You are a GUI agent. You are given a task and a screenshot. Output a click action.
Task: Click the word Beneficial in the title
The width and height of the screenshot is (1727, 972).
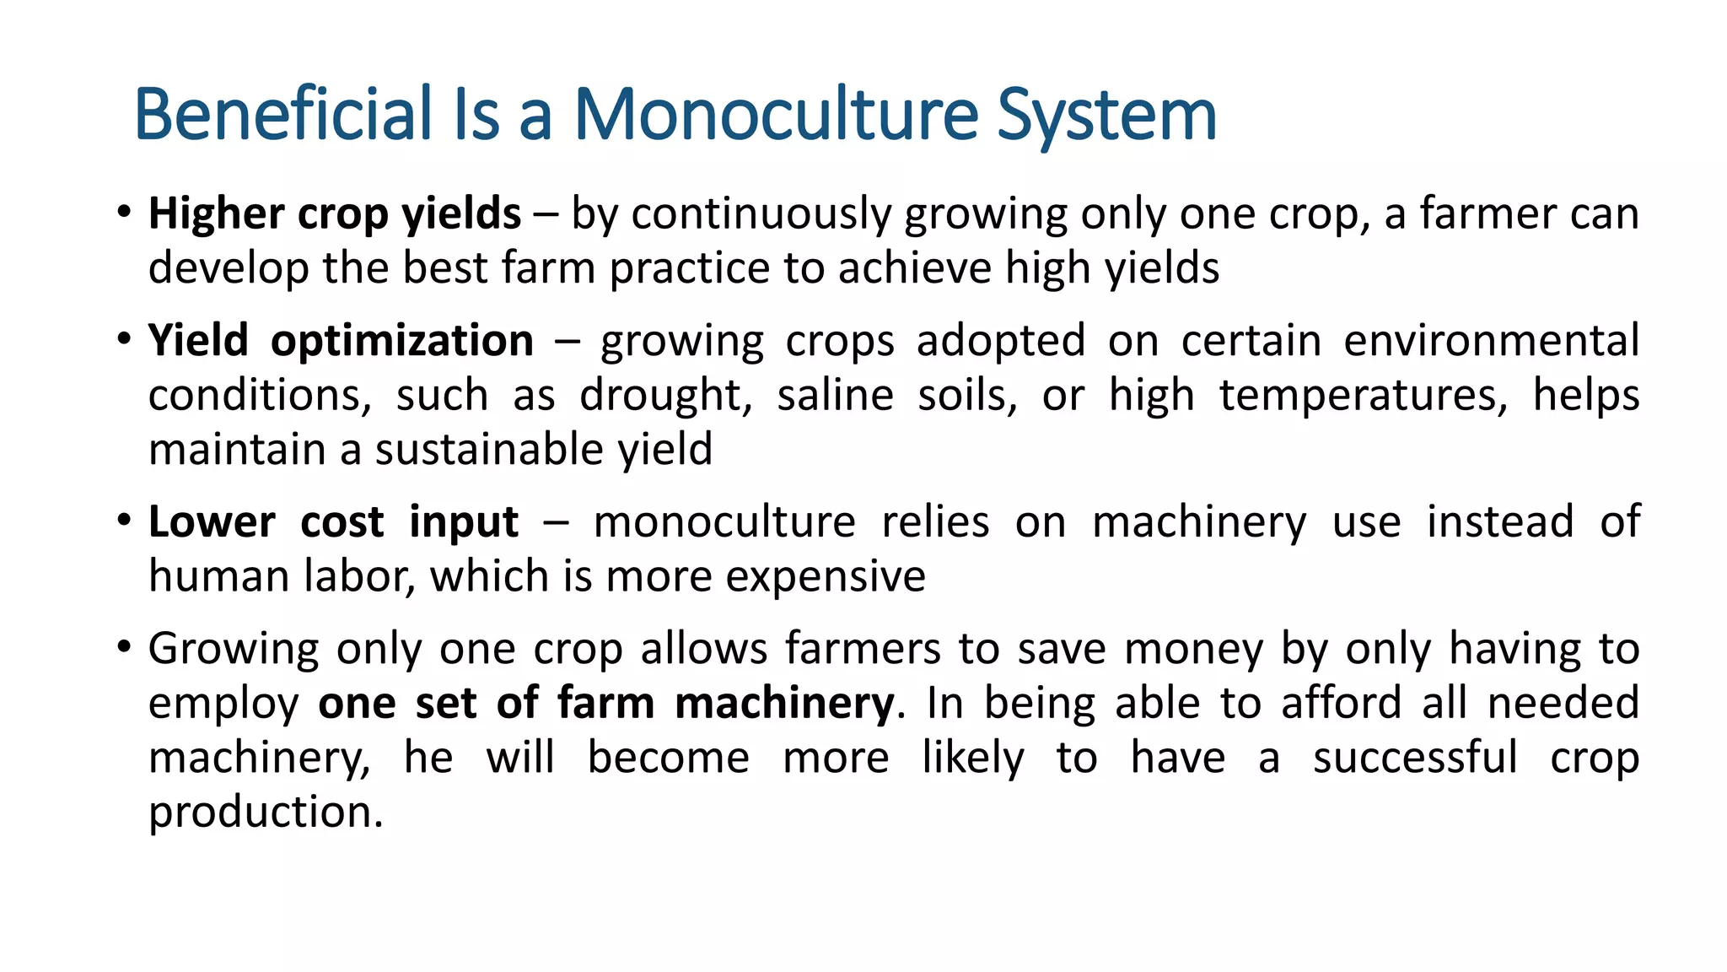coord(282,114)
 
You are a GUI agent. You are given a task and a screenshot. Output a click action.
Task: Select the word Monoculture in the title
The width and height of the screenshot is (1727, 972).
coord(776,114)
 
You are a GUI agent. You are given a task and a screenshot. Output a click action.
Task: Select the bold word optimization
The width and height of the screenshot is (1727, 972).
coord(402,342)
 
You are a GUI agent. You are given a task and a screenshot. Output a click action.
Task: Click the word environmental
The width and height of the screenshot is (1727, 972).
coord(1491,342)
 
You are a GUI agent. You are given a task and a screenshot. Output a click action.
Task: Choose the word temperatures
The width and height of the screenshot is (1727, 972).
coord(1363,396)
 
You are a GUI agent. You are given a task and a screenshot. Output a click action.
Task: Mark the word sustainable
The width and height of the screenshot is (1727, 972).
coord(489,450)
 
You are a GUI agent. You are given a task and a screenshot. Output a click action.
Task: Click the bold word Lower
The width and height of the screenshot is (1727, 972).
coord(212,522)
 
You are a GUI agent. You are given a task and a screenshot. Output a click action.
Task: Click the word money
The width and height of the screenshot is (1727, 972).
coord(1193,650)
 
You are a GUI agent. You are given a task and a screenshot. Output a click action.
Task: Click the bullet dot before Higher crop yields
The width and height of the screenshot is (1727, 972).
coord(124,211)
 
